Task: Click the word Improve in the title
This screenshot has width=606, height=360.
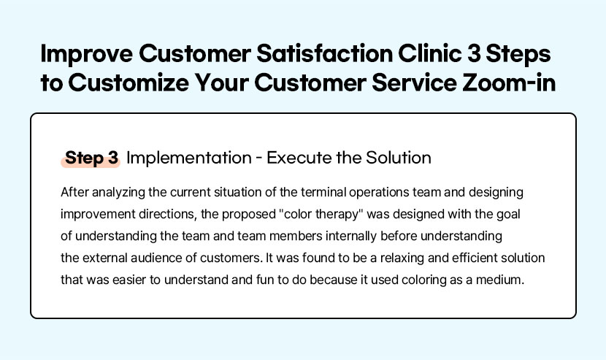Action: (x=87, y=55)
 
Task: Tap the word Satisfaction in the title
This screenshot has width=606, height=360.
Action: (x=325, y=53)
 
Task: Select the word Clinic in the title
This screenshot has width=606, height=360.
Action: (x=429, y=53)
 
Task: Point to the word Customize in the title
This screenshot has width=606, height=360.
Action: (x=129, y=83)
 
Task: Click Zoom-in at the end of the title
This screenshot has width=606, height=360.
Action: (x=509, y=83)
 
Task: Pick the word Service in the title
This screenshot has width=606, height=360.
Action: (x=414, y=83)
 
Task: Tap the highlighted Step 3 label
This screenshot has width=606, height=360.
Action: (x=91, y=158)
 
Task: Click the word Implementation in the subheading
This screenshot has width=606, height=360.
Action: (x=189, y=158)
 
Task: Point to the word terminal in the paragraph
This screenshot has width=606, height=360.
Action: (x=323, y=192)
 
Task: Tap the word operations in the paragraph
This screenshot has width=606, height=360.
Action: (x=379, y=192)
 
